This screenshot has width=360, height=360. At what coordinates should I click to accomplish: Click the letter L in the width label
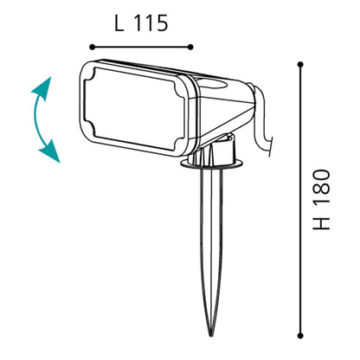[x=119, y=22]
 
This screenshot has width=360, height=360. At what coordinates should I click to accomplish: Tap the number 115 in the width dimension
[x=151, y=22]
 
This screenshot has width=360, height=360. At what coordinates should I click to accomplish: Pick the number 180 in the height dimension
[x=321, y=187]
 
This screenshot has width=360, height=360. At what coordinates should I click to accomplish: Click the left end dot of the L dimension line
[x=92, y=47]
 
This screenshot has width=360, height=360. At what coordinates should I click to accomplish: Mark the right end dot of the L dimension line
[x=190, y=47]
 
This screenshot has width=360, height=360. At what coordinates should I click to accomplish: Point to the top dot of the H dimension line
[x=300, y=64]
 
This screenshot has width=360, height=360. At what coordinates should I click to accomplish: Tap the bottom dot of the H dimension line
[x=300, y=336]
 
